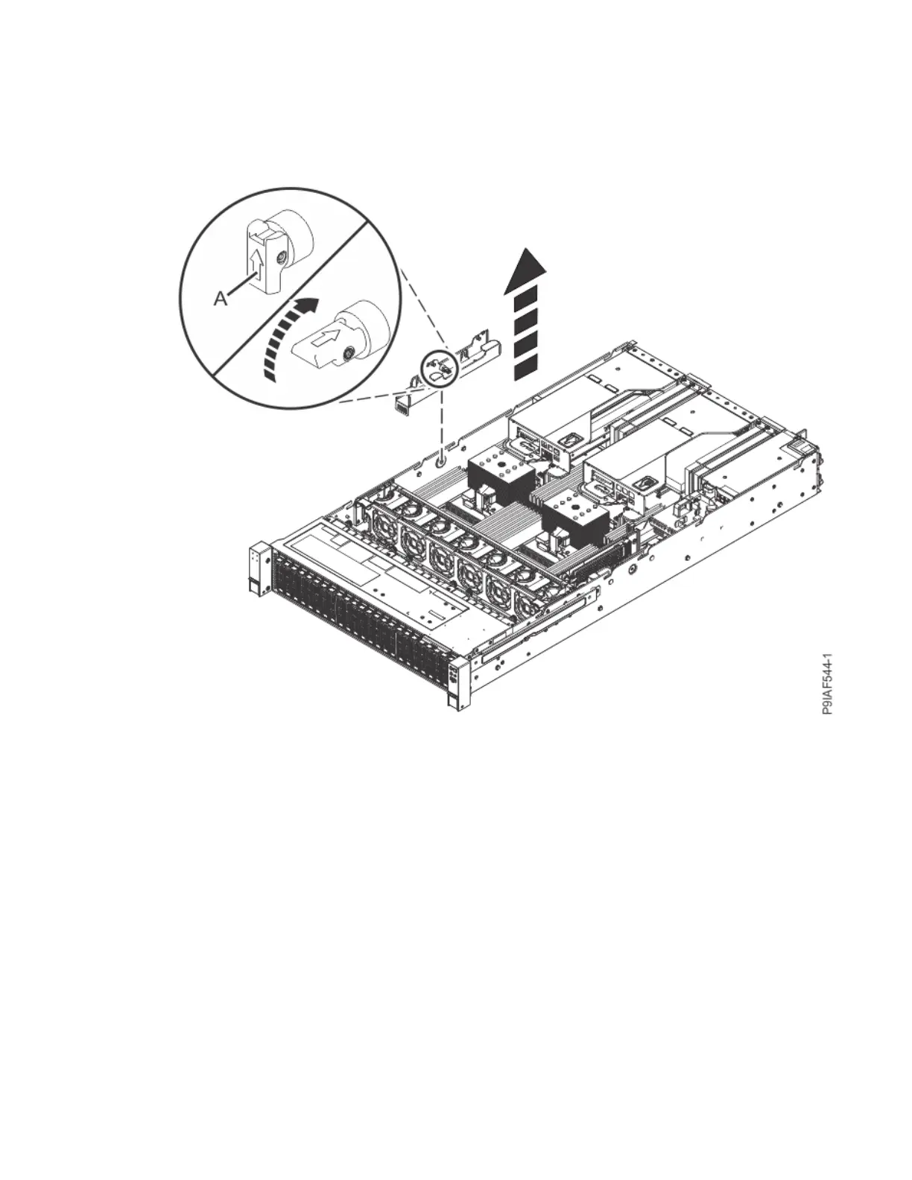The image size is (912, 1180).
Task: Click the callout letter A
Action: tap(221, 299)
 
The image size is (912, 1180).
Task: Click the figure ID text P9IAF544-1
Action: tap(827, 685)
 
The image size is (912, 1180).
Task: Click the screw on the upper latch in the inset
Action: tap(279, 258)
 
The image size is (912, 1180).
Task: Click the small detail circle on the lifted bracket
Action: tap(437, 367)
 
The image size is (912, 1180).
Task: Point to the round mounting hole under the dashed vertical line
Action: tap(441, 462)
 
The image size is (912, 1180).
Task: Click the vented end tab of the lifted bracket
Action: tap(402, 405)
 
